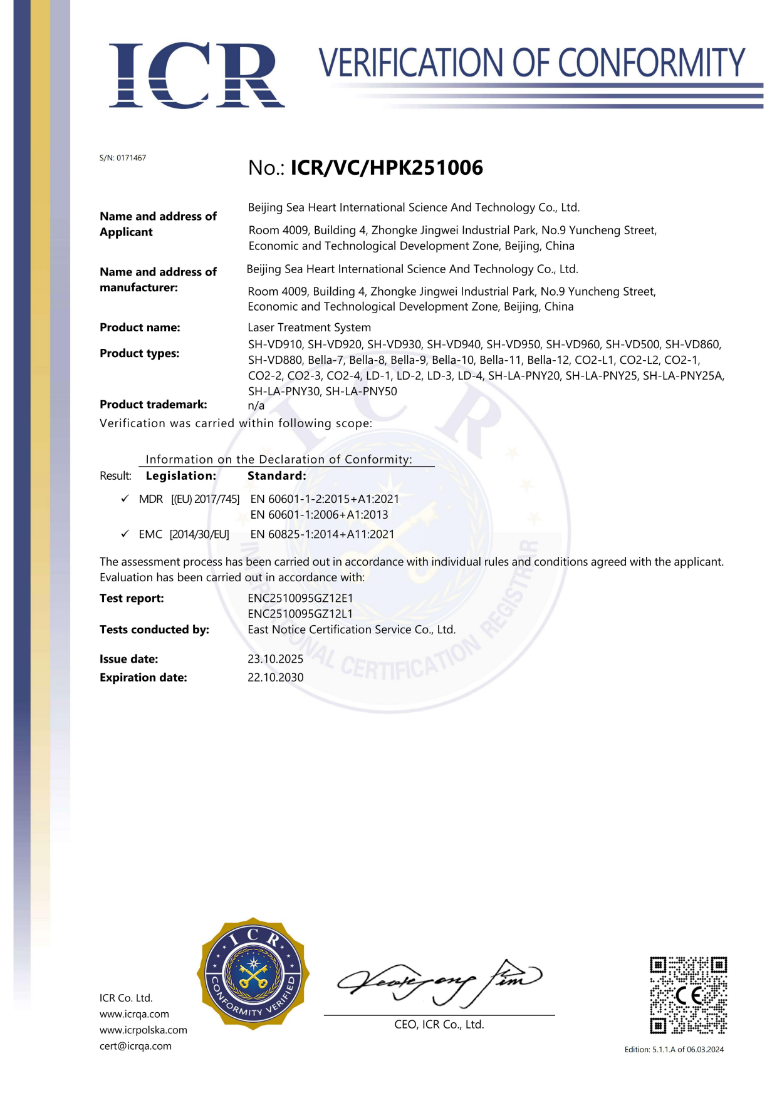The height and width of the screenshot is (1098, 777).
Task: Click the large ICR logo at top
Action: click(x=196, y=76)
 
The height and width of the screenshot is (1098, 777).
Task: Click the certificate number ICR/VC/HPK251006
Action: click(x=387, y=168)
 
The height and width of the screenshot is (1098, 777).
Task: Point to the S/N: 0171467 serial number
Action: click(x=123, y=158)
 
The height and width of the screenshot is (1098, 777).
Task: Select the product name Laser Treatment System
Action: click(x=309, y=328)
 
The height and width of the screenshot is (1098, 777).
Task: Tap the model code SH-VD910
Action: click(x=274, y=344)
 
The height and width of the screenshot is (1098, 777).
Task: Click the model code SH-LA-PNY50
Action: click(x=361, y=391)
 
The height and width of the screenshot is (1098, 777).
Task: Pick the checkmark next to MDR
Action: click(x=125, y=499)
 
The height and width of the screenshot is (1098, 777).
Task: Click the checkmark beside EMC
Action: click(x=125, y=534)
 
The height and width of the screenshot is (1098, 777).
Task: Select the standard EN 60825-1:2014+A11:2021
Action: click(x=322, y=534)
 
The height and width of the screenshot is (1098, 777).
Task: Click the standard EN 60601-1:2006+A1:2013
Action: click(x=319, y=515)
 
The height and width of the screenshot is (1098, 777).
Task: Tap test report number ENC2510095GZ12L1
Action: click(x=300, y=614)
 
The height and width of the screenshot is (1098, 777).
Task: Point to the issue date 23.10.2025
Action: click(x=275, y=659)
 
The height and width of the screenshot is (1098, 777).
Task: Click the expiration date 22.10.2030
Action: click(x=275, y=678)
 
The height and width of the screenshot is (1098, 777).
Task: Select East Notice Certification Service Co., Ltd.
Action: click(x=352, y=629)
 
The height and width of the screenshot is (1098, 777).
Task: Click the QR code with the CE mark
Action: click(x=688, y=995)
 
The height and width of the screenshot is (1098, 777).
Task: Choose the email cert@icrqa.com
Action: click(x=135, y=1046)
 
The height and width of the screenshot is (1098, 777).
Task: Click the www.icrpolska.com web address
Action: click(x=143, y=1030)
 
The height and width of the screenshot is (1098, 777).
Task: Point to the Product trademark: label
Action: click(x=154, y=405)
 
